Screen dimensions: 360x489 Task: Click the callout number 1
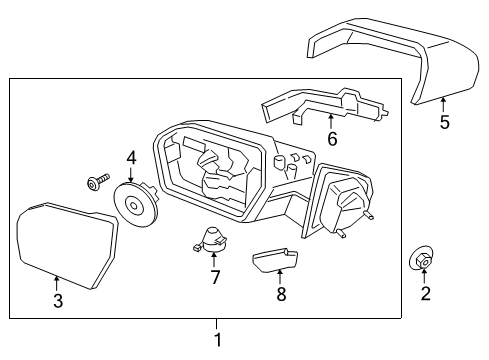coord(218,339)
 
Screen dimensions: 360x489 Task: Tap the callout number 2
coord(425,293)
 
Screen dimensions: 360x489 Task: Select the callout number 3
coord(57,300)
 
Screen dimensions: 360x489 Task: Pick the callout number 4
coord(131,158)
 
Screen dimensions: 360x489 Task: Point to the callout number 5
coord(445,123)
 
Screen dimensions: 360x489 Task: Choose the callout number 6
coord(332,140)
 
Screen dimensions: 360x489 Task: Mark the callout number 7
coord(214,277)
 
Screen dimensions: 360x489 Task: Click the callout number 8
coord(281,294)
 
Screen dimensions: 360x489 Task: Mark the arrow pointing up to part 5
coord(445,104)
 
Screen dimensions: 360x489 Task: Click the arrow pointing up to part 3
coord(57,282)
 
